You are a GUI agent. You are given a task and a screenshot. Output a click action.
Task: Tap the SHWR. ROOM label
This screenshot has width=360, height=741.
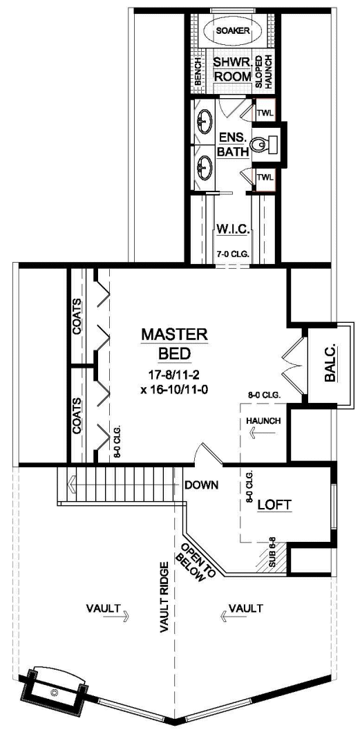[x=229, y=69]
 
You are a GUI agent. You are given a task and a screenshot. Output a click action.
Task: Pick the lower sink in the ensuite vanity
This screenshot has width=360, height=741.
[x=205, y=166]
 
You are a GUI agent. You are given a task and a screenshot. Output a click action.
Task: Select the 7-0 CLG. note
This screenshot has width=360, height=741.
[x=229, y=254]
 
